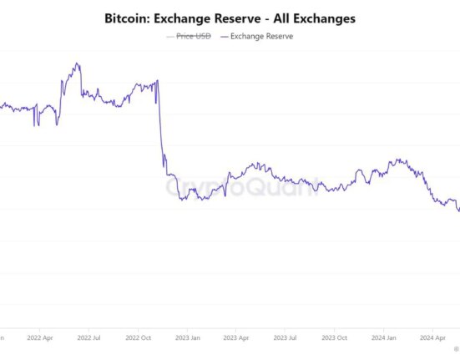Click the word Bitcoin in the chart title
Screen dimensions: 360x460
click(x=129, y=17)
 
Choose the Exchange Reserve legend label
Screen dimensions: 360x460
click(x=261, y=36)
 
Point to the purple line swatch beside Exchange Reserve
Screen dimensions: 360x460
click(x=223, y=36)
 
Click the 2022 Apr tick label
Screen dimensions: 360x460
click(x=40, y=338)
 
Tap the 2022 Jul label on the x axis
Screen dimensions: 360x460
click(x=89, y=338)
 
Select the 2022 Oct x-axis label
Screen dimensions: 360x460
click(x=139, y=338)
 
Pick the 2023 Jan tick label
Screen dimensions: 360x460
click(x=188, y=338)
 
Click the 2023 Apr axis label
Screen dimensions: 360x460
click(x=236, y=338)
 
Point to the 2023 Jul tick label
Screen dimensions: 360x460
click(x=286, y=338)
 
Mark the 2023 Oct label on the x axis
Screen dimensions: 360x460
click(x=335, y=338)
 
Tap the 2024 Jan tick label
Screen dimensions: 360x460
click(x=384, y=338)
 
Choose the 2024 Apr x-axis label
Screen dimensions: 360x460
click(x=432, y=338)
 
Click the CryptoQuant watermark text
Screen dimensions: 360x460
click(x=242, y=188)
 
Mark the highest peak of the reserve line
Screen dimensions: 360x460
click(x=77, y=63)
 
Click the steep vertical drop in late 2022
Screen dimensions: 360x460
click(x=159, y=121)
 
